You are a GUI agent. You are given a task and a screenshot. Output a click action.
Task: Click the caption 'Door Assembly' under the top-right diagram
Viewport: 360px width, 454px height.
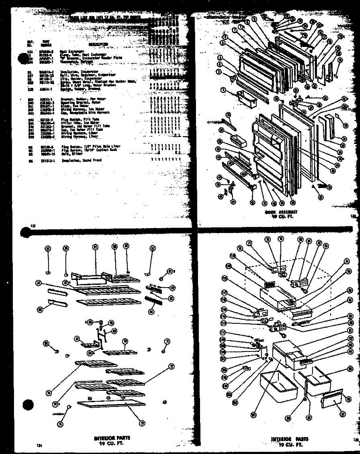[281, 212]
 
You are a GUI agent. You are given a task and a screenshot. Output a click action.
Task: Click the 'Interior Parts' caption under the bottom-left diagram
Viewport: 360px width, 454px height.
[110, 438]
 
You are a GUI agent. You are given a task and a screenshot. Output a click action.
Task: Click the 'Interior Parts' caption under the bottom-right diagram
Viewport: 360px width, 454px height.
[289, 439]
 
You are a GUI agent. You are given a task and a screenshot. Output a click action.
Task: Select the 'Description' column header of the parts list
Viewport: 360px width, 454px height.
[98, 44]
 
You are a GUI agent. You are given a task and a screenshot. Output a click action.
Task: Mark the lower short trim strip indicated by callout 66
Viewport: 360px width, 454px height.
[57, 303]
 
